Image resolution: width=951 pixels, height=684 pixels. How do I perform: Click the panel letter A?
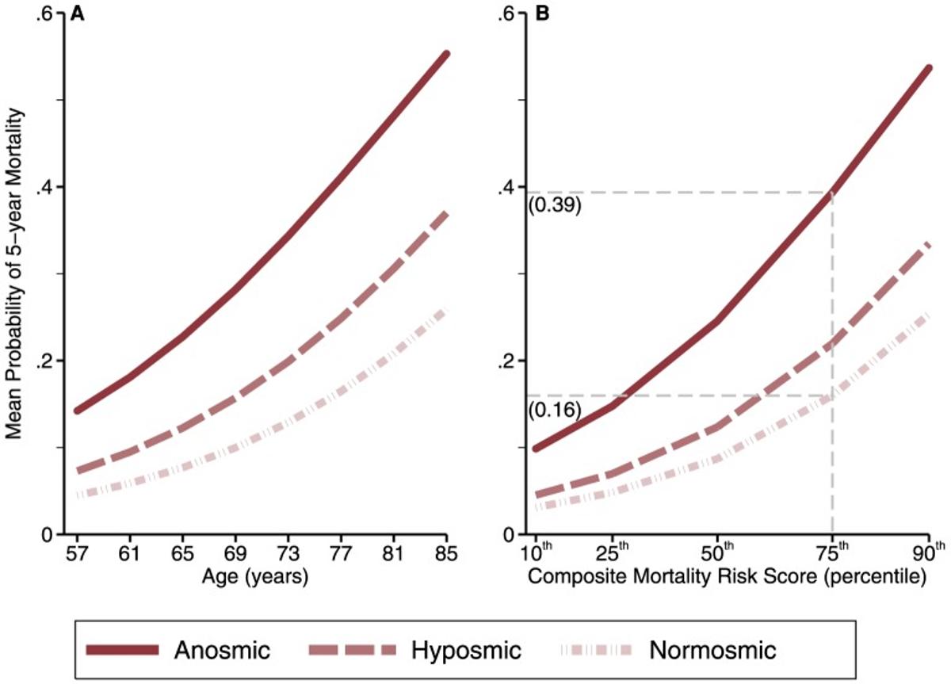[x=77, y=13]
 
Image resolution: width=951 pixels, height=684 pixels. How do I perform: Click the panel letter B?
[x=543, y=13]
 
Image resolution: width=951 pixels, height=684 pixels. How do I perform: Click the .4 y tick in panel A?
[x=45, y=187]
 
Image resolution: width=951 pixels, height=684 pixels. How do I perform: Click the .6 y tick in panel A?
[x=45, y=13]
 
